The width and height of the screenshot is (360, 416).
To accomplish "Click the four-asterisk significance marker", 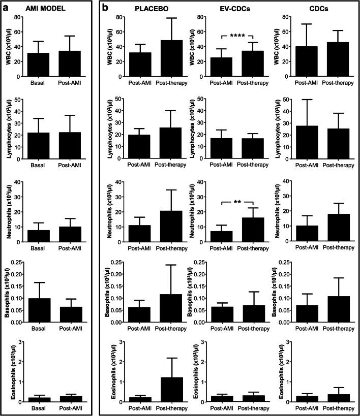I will tap(237, 36).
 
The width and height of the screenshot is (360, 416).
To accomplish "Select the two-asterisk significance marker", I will tap(237, 202).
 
